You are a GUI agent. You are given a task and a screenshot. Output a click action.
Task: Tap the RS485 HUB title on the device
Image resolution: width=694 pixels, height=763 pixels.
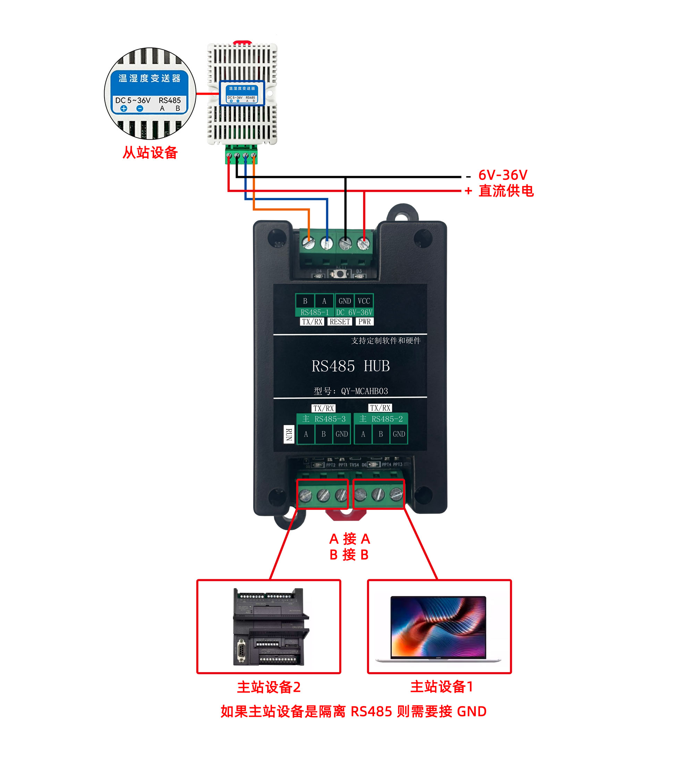point(350,366)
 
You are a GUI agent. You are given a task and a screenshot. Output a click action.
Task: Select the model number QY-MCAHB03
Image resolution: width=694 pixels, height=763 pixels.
point(364,391)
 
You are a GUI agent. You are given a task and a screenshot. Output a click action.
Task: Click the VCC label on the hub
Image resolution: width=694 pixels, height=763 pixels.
point(363,301)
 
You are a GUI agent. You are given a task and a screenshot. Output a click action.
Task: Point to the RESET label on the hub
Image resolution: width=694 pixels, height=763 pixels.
point(339,322)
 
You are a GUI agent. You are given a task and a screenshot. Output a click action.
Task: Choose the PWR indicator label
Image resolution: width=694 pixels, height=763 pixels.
point(364,322)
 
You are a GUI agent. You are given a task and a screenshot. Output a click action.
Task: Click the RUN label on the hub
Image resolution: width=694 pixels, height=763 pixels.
point(288,434)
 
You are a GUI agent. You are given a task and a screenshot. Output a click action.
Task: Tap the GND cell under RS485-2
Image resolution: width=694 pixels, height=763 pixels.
point(399,434)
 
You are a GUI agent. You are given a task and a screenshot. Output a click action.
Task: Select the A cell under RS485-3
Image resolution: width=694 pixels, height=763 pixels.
point(306,434)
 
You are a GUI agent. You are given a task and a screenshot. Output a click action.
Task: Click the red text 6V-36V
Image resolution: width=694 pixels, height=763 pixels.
point(502,175)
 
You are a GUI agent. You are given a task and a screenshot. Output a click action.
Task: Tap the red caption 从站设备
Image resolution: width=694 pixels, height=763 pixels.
point(150,153)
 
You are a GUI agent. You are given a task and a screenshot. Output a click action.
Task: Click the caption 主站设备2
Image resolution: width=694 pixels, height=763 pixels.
point(269,687)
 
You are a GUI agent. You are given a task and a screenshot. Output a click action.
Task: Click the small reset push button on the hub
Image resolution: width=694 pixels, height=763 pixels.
point(341,274)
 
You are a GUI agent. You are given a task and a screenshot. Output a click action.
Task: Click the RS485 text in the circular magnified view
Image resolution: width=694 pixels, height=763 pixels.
point(170,100)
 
